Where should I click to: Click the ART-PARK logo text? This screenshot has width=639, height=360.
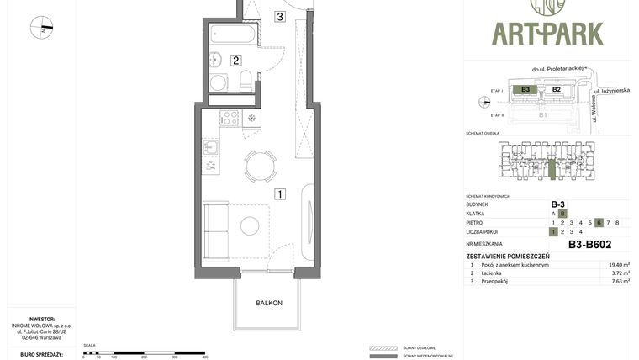547,33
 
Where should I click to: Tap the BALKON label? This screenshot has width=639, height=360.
269,303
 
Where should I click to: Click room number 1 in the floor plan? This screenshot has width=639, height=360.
279,193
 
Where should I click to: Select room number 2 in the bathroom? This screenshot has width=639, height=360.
236,60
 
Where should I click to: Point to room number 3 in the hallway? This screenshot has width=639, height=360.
279,16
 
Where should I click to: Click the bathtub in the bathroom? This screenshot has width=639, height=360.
232,36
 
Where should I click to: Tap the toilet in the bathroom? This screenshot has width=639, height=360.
246,80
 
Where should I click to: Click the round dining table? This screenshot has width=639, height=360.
260,166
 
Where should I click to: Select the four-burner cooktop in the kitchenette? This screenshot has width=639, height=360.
230,119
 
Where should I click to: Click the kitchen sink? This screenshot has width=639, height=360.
210,148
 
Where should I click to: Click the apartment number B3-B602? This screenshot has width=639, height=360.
589,244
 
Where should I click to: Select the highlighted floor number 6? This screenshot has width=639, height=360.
599,222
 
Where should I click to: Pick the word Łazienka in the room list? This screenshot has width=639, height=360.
492,273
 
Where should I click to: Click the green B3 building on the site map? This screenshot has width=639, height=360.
525,89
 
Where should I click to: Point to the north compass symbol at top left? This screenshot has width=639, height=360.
41,28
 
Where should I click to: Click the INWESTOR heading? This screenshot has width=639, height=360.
40,319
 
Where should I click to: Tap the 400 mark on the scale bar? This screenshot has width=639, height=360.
204,357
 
